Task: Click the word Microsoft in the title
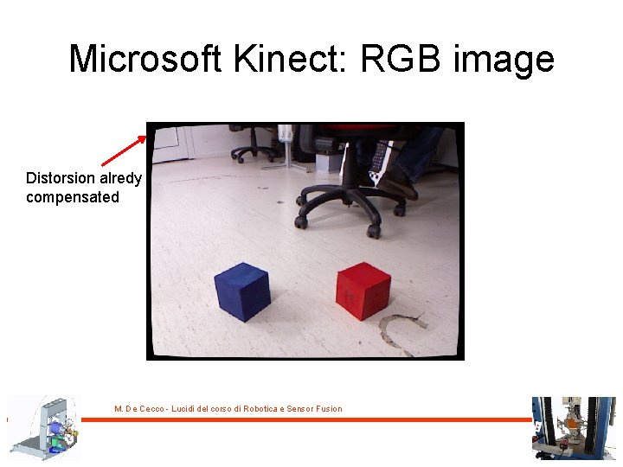(x=144, y=59)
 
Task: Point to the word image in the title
(x=508, y=59)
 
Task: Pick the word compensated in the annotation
(x=73, y=197)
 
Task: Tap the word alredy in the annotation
(x=121, y=178)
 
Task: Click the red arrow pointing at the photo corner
(x=124, y=150)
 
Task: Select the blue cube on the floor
(x=241, y=290)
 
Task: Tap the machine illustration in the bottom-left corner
(x=43, y=428)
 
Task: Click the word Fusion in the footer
(x=329, y=409)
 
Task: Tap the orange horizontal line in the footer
(x=311, y=419)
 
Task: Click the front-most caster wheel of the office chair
(x=373, y=231)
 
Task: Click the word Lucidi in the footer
(x=184, y=409)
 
